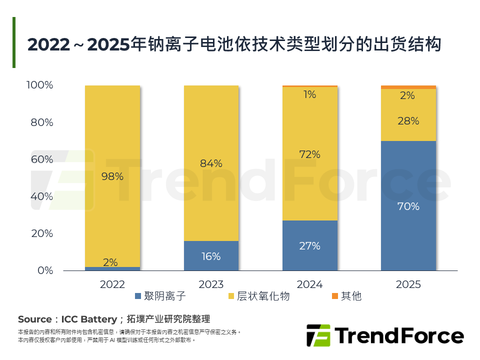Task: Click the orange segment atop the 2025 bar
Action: [408, 87]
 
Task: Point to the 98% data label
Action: [112, 176]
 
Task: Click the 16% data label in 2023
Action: [211, 256]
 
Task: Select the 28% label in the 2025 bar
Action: [408, 121]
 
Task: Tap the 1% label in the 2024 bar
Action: [309, 94]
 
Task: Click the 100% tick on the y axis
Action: [39, 85]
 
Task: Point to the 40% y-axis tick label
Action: [42, 196]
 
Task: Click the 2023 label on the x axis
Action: [211, 284]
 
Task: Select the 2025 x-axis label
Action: [408, 284]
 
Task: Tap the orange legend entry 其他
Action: [346, 296]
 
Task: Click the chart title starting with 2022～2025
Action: [234, 44]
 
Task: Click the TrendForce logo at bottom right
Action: [384, 335]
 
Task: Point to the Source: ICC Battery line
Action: [114, 319]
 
